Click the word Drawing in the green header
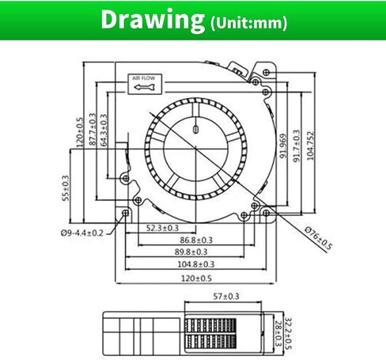[x=153, y=20]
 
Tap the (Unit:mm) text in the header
[x=248, y=23]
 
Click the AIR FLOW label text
[x=144, y=78]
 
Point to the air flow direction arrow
[x=144, y=87]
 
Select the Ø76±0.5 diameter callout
[x=318, y=237]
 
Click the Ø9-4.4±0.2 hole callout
[x=82, y=233]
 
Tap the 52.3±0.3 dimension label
[x=162, y=228]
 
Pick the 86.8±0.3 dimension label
[x=196, y=240]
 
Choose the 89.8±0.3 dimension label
[x=191, y=252]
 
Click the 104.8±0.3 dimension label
[x=196, y=264]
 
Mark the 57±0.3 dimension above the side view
[x=226, y=297]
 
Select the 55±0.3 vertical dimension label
[x=66, y=188]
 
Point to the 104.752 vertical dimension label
[x=311, y=146]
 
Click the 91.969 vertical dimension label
[x=283, y=146]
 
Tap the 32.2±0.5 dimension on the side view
[x=289, y=334]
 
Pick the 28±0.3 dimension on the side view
[x=278, y=333]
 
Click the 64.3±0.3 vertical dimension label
[x=104, y=130]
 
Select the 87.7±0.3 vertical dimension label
[x=93, y=129]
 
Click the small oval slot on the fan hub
[x=195, y=129]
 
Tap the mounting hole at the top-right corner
[x=267, y=72]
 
